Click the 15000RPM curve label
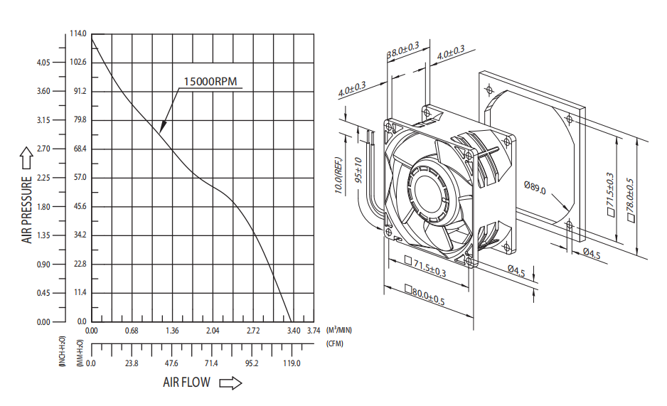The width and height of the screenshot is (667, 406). [210, 81]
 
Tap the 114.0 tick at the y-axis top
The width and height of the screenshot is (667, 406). [78, 33]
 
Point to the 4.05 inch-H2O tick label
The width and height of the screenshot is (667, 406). [43, 63]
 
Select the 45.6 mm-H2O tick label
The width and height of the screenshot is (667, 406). [80, 206]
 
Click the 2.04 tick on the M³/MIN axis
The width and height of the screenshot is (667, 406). [213, 331]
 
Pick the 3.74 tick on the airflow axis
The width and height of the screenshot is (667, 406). [314, 331]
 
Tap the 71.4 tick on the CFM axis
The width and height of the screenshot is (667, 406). [211, 363]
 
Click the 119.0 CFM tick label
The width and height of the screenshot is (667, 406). [292, 363]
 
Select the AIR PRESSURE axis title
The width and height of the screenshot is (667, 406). [27, 210]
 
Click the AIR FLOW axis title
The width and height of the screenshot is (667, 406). [187, 383]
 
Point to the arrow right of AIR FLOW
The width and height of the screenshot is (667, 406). [230, 383]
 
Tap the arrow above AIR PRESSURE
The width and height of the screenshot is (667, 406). [26, 158]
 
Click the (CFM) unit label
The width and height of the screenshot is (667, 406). [335, 343]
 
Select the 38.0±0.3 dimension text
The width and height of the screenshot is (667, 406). [403, 50]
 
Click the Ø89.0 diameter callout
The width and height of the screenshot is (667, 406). [535, 188]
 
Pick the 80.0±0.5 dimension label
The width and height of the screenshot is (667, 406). [425, 296]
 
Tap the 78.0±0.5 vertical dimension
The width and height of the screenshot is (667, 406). [631, 201]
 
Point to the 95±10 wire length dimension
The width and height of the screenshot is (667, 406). [358, 170]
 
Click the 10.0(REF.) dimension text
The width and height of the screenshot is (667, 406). [338, 176]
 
